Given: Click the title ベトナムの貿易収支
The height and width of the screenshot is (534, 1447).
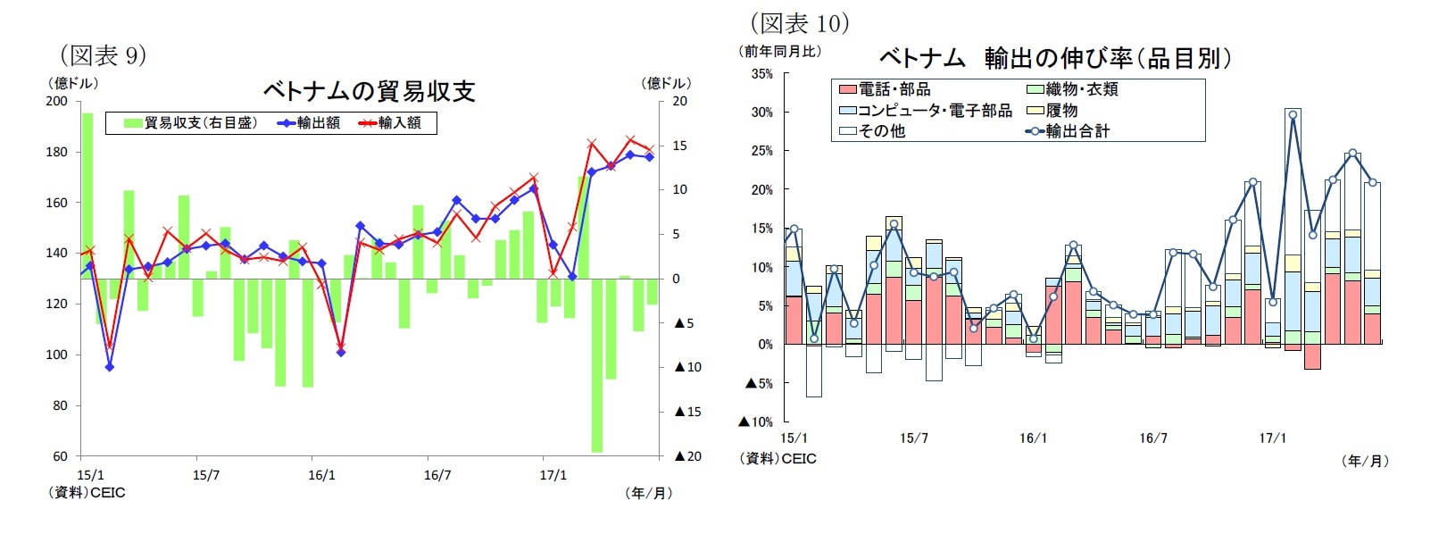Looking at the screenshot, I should click(368, 91).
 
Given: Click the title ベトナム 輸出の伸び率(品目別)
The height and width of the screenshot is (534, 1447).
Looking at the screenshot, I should click(1054, 59).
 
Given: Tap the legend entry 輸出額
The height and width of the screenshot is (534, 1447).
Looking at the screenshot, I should click(309, 123).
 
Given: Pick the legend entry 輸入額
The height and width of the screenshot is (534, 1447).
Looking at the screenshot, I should click(390, 123).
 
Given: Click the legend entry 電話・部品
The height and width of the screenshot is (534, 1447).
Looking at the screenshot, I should click(885, 89).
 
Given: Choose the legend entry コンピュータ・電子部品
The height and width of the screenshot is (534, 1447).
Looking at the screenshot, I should click(925, 110).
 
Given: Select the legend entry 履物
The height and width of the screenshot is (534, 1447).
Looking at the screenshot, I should click(1053, 110).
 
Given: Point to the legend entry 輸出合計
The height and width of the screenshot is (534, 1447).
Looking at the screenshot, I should click(1068, 131).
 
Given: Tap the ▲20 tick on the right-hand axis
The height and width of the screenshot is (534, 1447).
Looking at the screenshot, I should click(687, 456).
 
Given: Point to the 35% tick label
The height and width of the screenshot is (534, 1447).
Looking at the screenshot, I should click(761, 74).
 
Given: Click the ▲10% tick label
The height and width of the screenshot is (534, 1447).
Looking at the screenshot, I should click(755, 421).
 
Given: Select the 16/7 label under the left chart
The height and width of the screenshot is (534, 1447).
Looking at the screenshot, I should click(437, 475).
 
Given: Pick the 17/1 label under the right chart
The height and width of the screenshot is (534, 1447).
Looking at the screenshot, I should click(1272, 438).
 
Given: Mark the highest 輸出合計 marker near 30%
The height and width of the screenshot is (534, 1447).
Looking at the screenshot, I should click(1292, 114).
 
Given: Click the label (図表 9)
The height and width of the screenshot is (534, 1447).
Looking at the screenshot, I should click(104, 55).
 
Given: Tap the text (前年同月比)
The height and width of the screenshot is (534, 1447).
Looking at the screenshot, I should click(779, 52).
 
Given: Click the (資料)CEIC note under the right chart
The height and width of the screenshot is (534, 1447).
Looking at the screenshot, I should click(778, 459).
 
